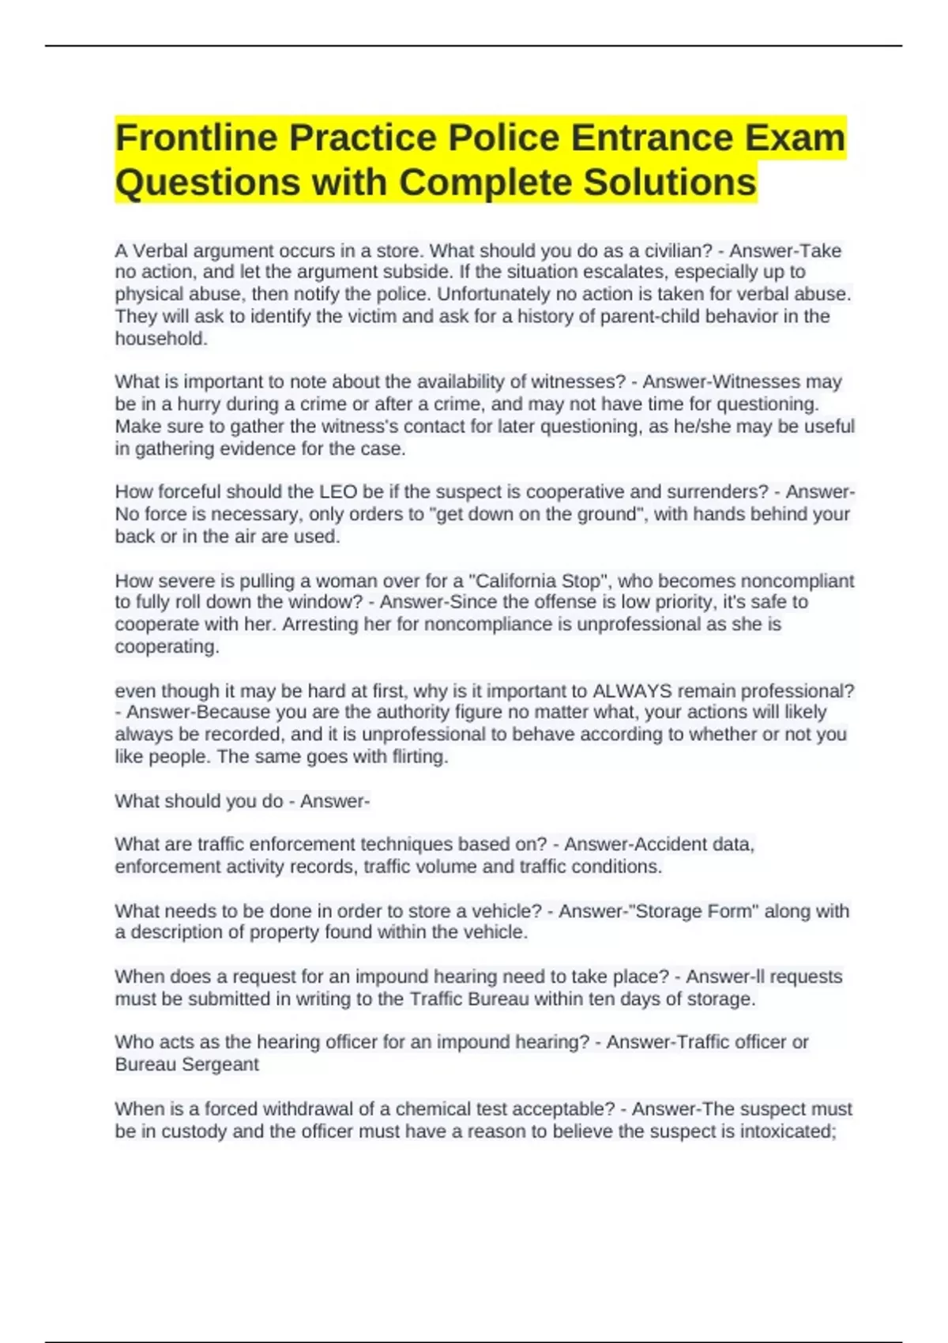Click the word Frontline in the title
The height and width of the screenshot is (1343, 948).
(x=197, y=138)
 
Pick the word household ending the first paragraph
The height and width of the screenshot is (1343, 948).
(x=160, y=339)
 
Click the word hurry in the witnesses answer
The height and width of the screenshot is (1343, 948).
(x=198, y=404)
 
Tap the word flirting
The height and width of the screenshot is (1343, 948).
(x=419, y=757)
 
